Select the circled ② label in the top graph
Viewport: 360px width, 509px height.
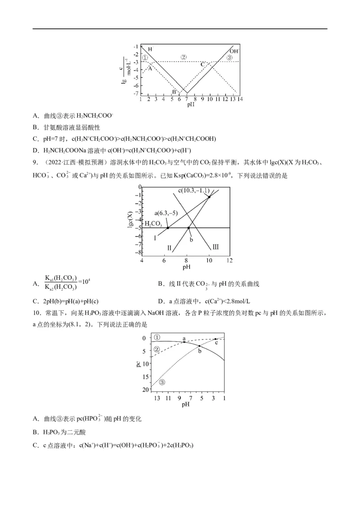(x=183, y=57)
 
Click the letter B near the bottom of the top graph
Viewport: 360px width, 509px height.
(x=174, y=92)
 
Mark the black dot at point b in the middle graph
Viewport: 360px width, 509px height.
(x=189, y=228)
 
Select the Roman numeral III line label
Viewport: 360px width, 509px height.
(x=216, y=247)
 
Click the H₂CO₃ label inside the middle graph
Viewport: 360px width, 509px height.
(x=153, y=223)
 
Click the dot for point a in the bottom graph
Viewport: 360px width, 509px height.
(x=184, y=342)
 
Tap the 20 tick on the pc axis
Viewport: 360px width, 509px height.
(x=144, y=389)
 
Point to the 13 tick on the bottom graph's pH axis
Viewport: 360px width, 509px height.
(x=157, y=398)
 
